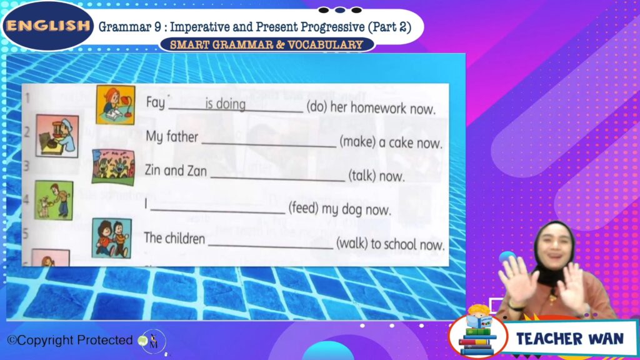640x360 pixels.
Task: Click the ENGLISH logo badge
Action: coord(48,26)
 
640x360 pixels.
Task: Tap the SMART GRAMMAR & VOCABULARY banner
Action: coord(266,44)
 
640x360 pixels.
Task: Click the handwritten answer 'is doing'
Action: coord(225,104)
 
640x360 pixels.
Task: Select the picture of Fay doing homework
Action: coord(116,104)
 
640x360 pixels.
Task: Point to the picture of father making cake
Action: coord(57,136)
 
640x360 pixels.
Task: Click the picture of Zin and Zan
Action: coord(113,167)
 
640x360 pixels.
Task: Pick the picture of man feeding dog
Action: coord(54,200)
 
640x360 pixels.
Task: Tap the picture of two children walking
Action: coord(112,238)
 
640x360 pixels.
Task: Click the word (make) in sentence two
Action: coord(357,142)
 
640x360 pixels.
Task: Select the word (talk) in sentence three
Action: coord(362,176)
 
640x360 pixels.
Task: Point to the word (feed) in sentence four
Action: coord(303,209)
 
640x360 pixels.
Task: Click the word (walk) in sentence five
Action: coord(351,243)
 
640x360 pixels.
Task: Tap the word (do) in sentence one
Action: coord(316,107)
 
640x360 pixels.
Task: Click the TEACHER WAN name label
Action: coord(570,338)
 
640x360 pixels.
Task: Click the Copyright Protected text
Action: coord(70,340)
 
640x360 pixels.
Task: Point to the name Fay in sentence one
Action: coord(156,102)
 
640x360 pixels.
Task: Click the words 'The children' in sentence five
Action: coord(174,238)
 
